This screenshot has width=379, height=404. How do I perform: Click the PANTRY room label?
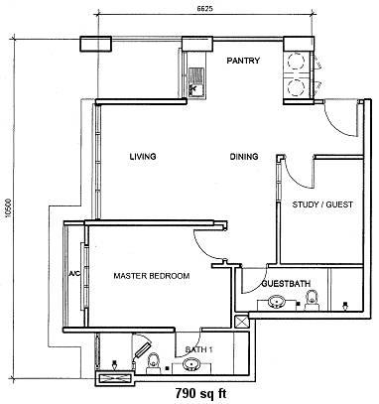(x=243, y=61)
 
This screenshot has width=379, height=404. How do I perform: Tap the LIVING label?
(x=143, y=156)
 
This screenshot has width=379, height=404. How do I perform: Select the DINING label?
(x=244, y=157)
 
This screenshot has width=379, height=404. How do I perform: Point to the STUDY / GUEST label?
(x=322, y=204)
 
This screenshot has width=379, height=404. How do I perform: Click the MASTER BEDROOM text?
(x=152, y=276)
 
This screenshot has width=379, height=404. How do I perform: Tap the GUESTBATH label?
(x=286, y=284)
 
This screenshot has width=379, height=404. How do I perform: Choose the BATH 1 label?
(x=198, y=349)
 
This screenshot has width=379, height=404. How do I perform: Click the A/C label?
(x=74, y=274)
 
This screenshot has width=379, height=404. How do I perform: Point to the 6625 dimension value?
(x=204, y=9)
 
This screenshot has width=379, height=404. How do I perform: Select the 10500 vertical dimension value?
(x=8, y=208)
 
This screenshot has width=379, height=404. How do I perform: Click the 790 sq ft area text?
(x=200, y=394)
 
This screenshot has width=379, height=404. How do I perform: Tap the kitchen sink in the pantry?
(x=196, y=82)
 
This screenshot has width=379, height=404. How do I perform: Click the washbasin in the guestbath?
(x=276, y=302)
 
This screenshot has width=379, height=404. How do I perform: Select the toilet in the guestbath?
(x=312, y=300)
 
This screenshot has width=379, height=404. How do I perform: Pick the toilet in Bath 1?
(x=153, y=364)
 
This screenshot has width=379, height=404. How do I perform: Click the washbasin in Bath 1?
(x=191, y=365)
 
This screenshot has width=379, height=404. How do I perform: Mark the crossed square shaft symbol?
(x=240, y=322)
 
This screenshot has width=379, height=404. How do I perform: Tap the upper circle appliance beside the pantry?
(x=295, y=61)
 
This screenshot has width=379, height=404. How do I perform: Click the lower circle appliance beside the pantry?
(x=295, y=87)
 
